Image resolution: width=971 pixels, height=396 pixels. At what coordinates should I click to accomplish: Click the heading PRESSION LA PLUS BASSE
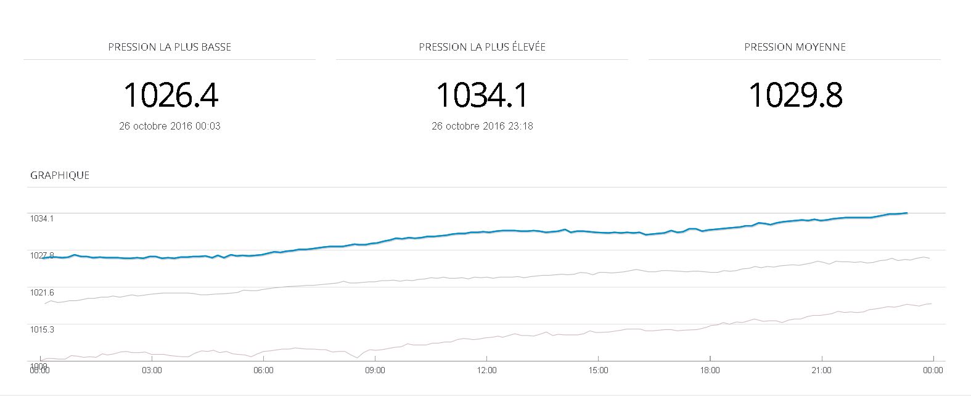(x=170, y=47)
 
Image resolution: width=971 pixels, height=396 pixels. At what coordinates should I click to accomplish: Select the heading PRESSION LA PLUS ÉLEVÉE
(x=482, y=47)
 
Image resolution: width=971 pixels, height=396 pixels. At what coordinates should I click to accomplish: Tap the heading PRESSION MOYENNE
(x=795, y=47)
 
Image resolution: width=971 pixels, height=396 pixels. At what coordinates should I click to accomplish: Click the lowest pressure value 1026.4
(x=171, y=95)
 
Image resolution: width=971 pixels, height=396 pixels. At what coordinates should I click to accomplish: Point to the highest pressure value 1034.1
(x=482, y=95)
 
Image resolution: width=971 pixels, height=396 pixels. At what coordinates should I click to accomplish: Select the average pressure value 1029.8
(x=795, y=95)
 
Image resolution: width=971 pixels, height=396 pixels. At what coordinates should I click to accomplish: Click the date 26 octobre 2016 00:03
(x=170, y=126)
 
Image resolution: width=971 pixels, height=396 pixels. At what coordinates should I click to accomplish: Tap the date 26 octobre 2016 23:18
(x=482, y=126)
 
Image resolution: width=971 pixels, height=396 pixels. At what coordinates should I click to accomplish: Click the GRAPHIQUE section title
(x=60, y=175)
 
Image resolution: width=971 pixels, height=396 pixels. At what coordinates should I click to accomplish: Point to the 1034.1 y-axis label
(x=42, y=218)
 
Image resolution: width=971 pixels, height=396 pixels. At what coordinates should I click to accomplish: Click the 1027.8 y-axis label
(x=42, y=255)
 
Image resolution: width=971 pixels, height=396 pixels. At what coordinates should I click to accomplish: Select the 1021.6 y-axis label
(x=42, y=292)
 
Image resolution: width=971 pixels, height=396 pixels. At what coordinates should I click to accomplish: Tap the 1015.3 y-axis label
(x=42, y=329)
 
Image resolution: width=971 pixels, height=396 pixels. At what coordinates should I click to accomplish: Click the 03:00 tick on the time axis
(x=152, y=370)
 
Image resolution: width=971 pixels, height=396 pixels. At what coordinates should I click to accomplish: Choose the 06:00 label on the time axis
(x=263, y=370)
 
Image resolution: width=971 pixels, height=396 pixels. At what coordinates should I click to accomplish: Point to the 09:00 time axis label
(x=375, y=370)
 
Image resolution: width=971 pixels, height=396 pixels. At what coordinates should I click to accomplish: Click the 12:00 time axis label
(x=486, y=370)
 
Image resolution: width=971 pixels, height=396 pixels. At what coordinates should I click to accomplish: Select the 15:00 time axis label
(x=598, y=370)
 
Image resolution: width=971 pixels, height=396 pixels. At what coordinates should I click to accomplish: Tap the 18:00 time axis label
(x=710, y=370)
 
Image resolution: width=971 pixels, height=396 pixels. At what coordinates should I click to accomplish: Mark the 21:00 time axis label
(x=821, y=370)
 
